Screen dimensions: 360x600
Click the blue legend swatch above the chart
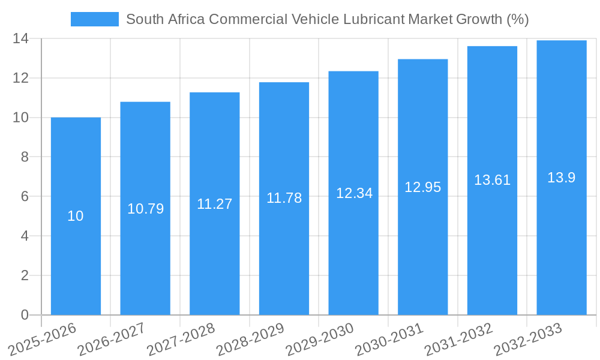pos(94,19)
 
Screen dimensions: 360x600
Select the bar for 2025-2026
pos(76,252)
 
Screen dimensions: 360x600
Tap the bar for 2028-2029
pos(284,252)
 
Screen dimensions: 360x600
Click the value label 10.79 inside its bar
pos(145,209)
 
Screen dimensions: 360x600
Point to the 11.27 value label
pos(214,204)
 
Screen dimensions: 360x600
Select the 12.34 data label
pos(354,193)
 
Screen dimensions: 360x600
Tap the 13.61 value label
pos(492,180)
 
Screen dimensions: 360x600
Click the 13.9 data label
pos(561,178)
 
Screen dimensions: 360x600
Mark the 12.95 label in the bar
pos(422,187)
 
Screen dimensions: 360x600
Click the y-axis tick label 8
pos(25,157)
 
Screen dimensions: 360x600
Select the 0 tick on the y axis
pos(25,315)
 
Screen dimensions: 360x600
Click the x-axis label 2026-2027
pos(112,339)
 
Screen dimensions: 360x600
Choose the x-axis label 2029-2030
pos(320,339)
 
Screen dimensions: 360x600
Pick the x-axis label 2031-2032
pos(459,339)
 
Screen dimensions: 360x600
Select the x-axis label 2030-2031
pos(389,339)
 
